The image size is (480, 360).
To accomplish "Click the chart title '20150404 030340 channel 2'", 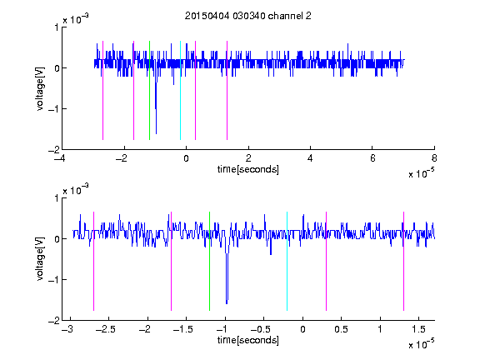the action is click(248, 16).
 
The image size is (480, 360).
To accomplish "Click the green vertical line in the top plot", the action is click(149, 90).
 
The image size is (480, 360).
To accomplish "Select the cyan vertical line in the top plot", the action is click(180, 90).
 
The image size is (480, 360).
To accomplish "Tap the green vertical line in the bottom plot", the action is click(209, 261).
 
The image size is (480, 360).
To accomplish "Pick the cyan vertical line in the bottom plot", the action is click(287, 261).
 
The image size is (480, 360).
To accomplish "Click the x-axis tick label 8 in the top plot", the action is click(434, 158).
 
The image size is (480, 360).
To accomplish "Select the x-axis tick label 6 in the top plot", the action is click(372, 158).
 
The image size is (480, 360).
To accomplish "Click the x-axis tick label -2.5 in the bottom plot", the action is click(106, 329).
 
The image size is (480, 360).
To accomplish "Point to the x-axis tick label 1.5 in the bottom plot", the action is click(418, 329).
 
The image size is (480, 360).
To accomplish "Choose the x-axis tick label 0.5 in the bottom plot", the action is click(341, 329).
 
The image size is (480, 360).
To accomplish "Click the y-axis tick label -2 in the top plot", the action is click(53, 150).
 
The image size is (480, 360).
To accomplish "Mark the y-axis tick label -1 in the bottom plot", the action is click(53, 279).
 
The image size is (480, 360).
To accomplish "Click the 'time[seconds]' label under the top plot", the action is click(248, 169).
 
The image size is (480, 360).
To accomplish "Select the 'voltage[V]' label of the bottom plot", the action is click(40, 258).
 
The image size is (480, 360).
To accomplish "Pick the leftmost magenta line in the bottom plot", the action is click(93, 261).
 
